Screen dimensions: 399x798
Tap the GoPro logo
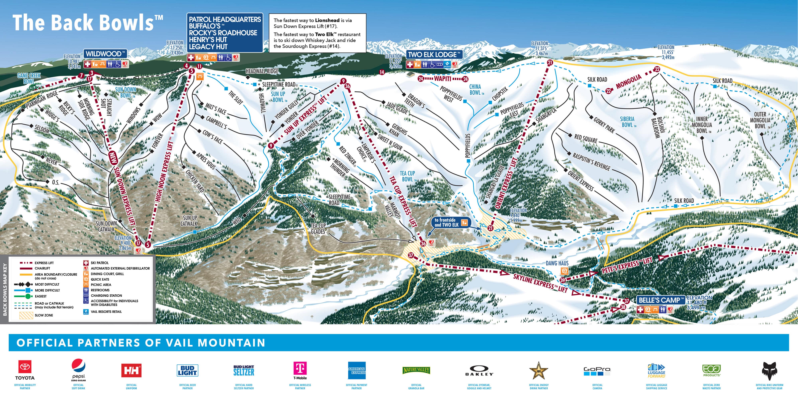click(x=597, y=370)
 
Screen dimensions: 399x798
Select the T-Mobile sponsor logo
click(x=300, y=370)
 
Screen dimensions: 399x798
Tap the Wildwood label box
click(x=105, y=53)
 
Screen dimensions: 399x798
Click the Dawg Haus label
click(x=557, y=263)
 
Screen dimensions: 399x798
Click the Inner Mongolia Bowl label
click(x=702, y=125)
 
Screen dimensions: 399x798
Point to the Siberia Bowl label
click(x=628, y=122)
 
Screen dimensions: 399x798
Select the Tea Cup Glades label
click(x=318, y=229)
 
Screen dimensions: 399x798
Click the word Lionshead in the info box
click(x=327, y=20)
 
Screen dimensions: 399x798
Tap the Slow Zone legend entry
click(x=43, y=315)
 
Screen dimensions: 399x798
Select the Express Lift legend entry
click(x=44, y=263)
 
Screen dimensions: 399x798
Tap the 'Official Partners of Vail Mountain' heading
click(x=141, y=343)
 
